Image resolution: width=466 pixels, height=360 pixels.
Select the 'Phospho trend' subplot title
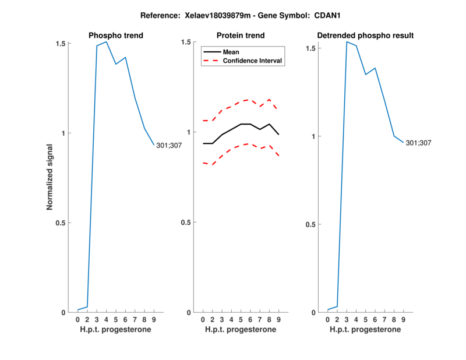pos(116,36)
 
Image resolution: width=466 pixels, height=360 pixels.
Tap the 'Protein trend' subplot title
pos(241,36)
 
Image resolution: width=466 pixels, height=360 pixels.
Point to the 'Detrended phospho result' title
pos(365,36)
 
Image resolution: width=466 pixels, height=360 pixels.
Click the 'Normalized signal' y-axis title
pos(50,177)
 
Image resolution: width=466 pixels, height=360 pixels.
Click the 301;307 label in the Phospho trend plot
pos(169,145)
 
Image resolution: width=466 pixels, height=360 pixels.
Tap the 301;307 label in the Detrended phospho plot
pos(419,143)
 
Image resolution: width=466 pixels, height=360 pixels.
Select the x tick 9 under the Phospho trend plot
pos(154,320)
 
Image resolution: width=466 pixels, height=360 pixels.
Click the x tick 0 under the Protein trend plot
pos(203,320)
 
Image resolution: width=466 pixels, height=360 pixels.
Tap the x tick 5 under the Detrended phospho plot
pos(366,320)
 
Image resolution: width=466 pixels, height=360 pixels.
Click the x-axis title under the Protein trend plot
pos(241,330)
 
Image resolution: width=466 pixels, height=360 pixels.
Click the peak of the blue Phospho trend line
pos(106,41)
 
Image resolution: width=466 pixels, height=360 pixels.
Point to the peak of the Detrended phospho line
pos(347,41)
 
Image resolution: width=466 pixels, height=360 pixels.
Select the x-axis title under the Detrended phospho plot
pos(365,330)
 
